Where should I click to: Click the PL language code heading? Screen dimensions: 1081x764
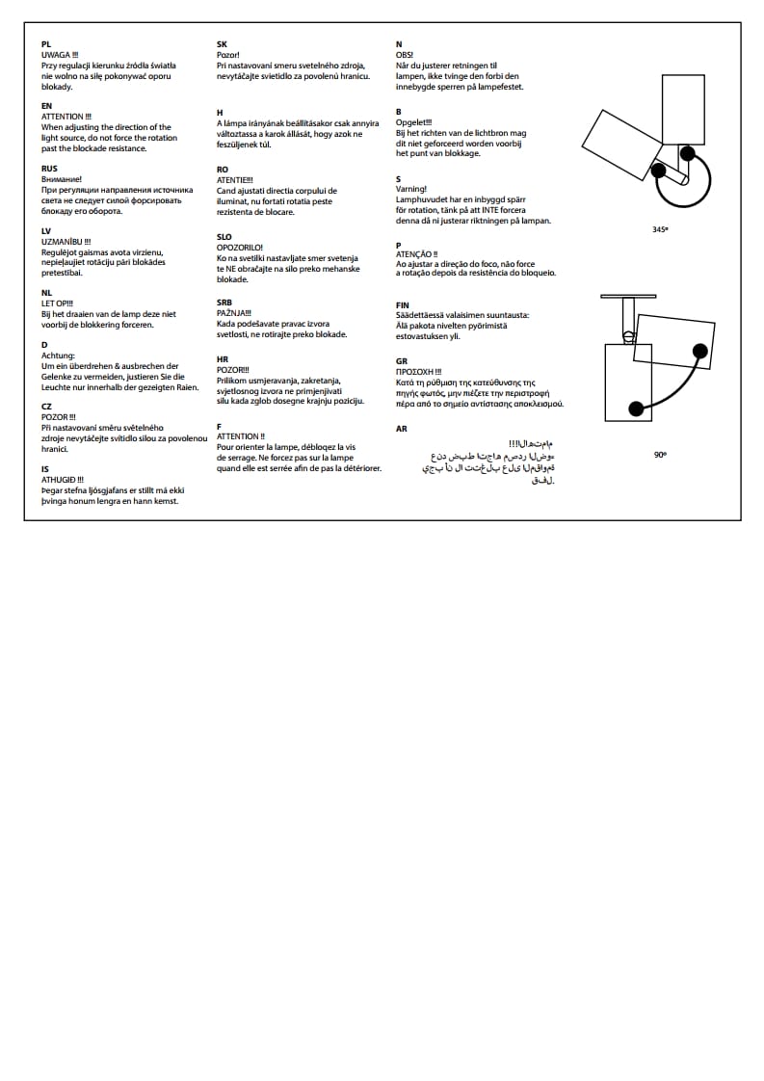[x=46, y=44]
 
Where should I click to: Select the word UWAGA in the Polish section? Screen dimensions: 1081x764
[x=55, y=55]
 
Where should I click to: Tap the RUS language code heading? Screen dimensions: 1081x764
[x=50, y=169]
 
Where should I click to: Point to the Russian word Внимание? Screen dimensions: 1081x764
[x=62, y=179]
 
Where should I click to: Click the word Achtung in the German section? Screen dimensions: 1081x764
[x=58, y=356]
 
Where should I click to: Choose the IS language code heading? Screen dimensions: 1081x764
[x=45, y=469]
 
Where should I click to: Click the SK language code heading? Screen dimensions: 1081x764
[x=223, y=44]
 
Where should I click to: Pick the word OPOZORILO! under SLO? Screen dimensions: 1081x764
[x=240, y=248]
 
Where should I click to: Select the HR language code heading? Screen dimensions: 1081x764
[x=223, y=358]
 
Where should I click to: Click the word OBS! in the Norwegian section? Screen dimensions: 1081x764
[x=405, y=55]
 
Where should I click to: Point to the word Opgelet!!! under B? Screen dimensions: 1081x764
[x=414, y=122]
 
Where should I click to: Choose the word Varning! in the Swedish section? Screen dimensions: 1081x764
[x=411, y=190]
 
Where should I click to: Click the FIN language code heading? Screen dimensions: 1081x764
[x=403, y=304]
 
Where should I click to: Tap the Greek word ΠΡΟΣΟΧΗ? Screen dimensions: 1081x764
[x=416, y=372]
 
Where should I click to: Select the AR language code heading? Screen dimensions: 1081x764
[x=402, y=429]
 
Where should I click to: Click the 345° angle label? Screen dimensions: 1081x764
[x=660, y=230]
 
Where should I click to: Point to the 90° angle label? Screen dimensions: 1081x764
[x=660, y=454]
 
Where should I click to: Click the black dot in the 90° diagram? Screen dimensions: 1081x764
[x=636, y=408]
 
